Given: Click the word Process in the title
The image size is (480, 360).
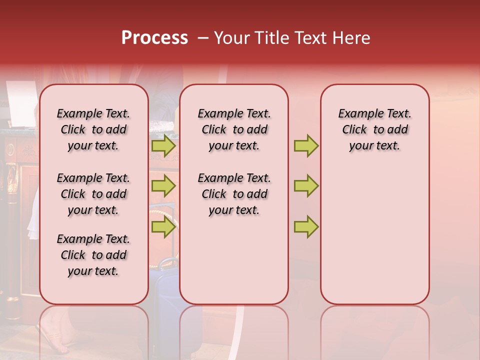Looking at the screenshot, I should [x=154, y=38].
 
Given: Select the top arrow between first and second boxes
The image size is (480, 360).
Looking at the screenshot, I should [x=163, y=146].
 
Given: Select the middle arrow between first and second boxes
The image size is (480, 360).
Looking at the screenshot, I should [x=163, y=186].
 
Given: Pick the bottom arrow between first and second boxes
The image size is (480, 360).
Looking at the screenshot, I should [x=163, y=227].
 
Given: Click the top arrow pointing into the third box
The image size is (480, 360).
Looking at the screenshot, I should [x=305, y=146].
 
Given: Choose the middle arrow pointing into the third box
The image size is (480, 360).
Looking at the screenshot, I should [x=305, y=186].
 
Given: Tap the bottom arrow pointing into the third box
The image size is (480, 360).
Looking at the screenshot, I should [x=305, y=227].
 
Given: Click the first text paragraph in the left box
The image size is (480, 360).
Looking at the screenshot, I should [x=93, y=129].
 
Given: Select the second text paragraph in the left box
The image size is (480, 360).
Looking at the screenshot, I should [x=93, y=194].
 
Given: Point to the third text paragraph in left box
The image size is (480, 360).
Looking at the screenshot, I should [x=93, y=255].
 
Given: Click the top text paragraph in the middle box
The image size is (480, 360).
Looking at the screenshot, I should [x=234, y=129].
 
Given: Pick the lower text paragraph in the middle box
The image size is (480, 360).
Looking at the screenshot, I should [x=234, y=194].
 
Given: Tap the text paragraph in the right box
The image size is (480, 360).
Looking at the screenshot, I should [x=374, y=129].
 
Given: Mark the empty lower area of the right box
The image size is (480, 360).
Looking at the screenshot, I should [x=374, y=235].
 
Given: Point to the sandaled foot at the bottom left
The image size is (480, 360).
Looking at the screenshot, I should [x=52, y=335].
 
